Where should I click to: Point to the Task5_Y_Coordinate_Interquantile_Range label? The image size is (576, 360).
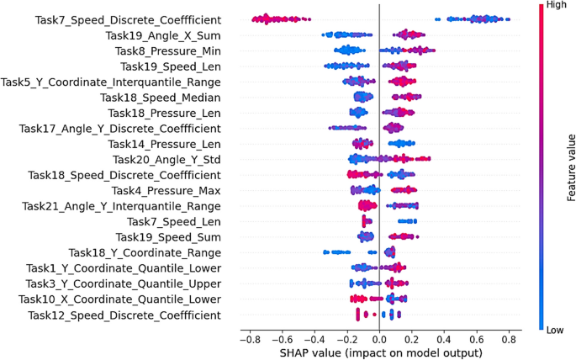111,82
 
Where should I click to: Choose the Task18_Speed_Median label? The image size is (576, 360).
161,98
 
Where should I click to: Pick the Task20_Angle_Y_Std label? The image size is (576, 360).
167,160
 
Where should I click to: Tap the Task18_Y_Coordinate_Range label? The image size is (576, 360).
145,252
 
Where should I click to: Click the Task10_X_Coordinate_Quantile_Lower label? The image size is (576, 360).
120,299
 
